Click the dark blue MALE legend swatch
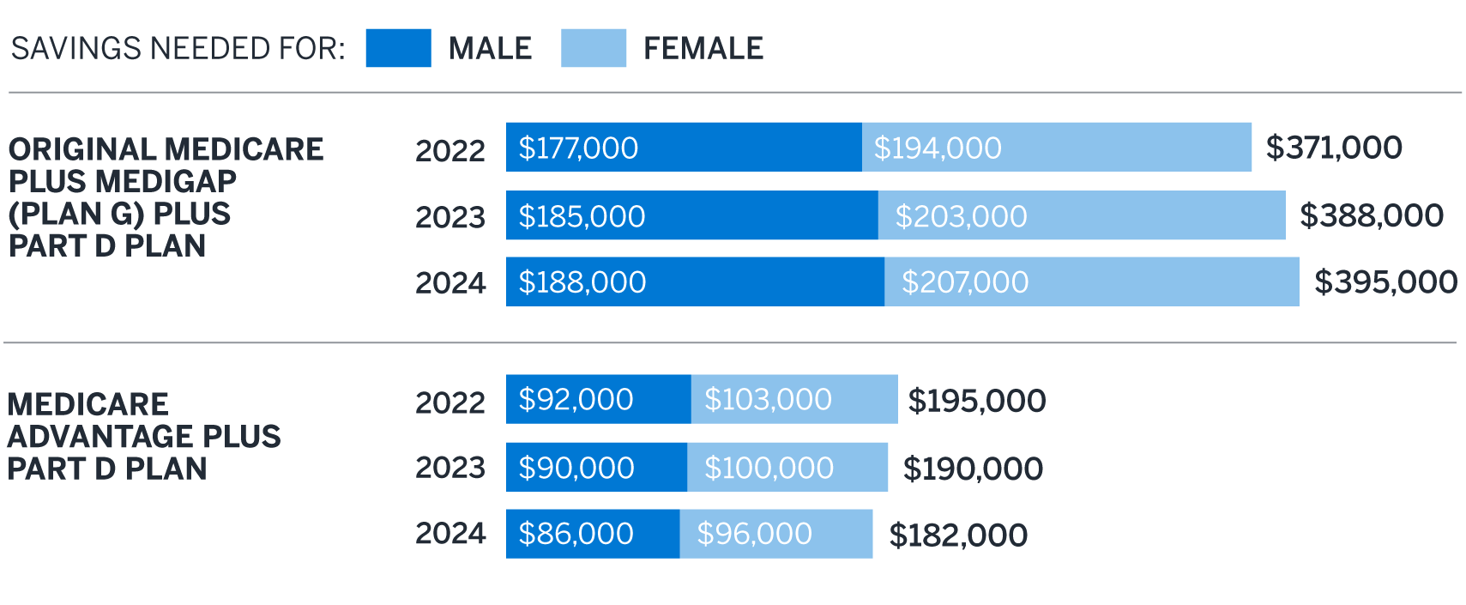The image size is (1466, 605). tap(398, 48)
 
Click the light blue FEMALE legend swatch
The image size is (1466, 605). tap(593, 48)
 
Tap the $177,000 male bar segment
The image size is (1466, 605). tap(683, 148)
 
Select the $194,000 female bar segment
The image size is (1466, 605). tap(1056, 148)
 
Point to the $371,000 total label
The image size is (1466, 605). tap(1334, 148)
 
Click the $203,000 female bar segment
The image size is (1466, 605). tap(1081, 215)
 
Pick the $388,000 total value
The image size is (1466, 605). tap(1371, 215)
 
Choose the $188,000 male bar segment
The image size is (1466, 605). tap(695, 282)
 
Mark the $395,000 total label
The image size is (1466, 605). tap(1385, 282)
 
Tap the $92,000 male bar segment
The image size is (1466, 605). tap(598, 400)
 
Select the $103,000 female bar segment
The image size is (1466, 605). tap(793, 400)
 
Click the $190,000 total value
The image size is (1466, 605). tap(973, 469)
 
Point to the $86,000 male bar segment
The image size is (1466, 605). tap(592, 534)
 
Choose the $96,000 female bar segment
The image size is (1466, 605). tap(775, 534)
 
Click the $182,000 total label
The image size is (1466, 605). tap(957, 535)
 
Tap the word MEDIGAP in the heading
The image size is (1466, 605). tap(166, 182)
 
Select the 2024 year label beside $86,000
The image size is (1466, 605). tap(450, 534)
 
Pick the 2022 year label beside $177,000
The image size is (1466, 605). tap(450, 150)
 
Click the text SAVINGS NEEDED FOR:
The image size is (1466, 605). tap(178, 49)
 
